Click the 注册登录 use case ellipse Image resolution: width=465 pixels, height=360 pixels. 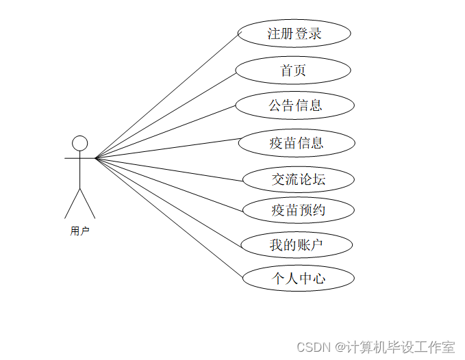294,34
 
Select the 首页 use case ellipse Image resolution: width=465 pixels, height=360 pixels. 293,70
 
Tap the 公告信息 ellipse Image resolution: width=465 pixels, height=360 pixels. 295,105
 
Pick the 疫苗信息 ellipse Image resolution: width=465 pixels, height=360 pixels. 297,143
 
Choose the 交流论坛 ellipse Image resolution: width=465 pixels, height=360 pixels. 299,180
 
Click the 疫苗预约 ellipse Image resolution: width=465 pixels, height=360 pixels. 299,210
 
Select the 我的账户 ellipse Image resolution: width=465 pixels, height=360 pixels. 297,244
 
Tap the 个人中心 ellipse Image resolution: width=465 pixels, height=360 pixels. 299,279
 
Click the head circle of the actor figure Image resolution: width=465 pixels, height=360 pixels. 80,143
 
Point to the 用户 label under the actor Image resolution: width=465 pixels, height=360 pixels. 80,231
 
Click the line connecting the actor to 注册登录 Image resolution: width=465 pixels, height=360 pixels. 167,95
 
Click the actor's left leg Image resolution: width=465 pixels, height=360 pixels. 73,203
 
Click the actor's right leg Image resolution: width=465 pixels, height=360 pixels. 88,203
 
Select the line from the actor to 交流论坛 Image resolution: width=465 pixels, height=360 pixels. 169,169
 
